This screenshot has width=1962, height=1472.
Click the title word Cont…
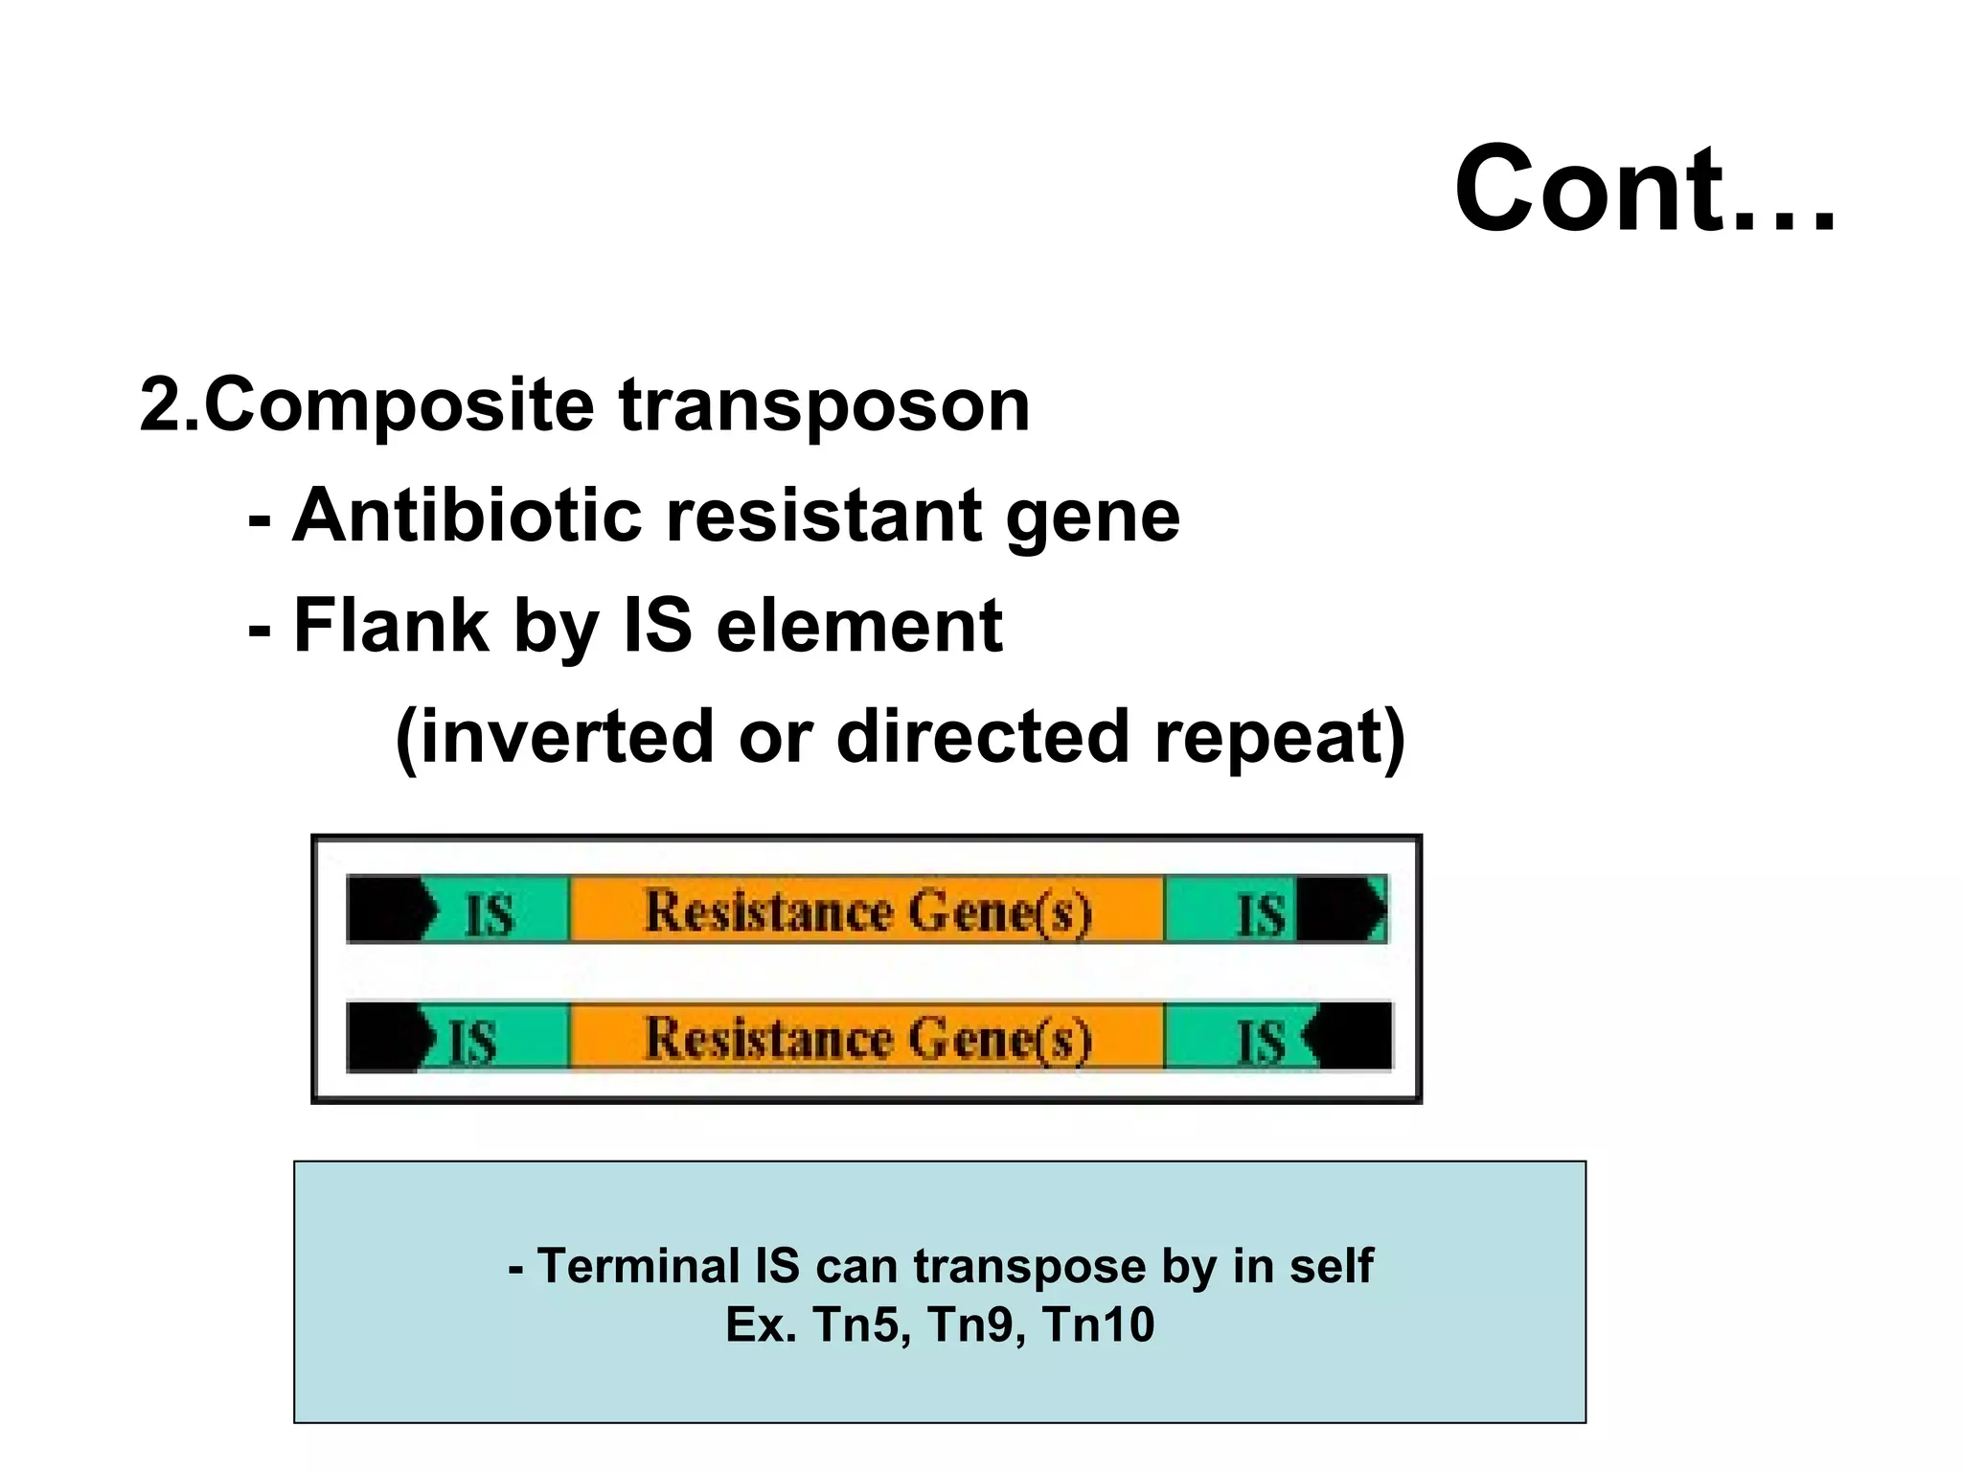pos(1644,188)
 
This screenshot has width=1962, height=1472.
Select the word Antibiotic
pos(467,516)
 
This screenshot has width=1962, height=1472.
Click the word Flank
pos(391,626)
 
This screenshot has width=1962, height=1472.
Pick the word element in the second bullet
pos(859,626)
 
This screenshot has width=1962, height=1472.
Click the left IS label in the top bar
pos(490,913)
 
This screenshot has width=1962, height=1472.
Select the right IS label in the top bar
pos(1261,913)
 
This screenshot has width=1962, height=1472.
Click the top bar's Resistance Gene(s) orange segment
pos(867,909)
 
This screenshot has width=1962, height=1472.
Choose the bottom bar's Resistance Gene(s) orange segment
pos(867,1037)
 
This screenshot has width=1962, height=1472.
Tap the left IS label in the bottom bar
pos(473,1041)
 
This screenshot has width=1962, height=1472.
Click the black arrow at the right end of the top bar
pos(1339,908)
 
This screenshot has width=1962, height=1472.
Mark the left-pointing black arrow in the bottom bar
pos(1349,1036)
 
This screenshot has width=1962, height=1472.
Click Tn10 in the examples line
pos(1098,1325)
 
